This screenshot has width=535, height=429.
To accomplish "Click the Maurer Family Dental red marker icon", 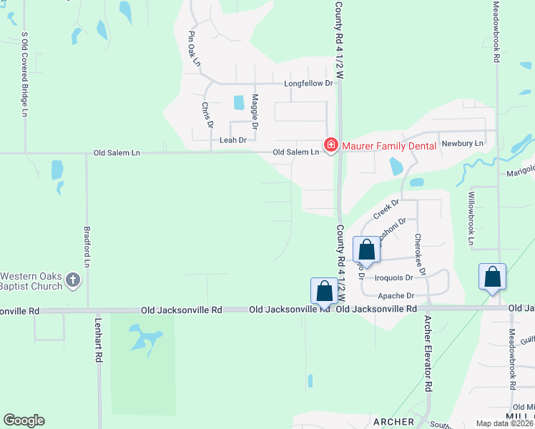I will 331,145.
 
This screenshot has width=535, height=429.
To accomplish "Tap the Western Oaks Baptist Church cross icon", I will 72,281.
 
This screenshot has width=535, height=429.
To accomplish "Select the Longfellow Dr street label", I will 309,84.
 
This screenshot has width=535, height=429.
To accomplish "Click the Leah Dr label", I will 232,140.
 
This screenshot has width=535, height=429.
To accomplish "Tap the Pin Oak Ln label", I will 193,49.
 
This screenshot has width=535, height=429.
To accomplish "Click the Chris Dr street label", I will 207,115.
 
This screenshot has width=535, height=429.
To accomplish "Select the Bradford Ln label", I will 87,247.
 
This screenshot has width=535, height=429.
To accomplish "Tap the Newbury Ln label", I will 463,143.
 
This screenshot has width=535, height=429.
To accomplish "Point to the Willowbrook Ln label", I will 471,218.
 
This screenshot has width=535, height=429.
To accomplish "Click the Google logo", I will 24,420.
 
